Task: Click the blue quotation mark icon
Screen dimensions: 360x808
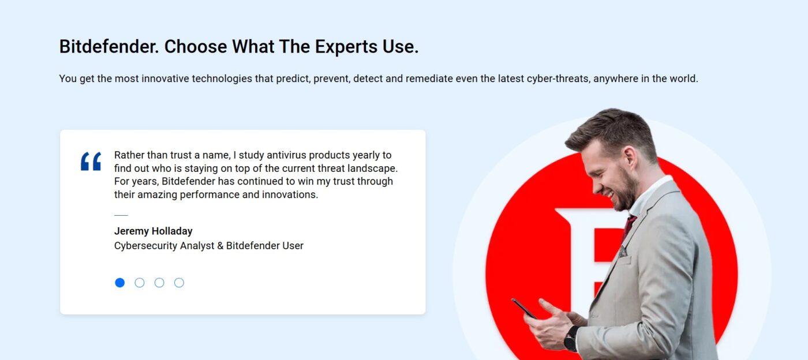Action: coord(91,162)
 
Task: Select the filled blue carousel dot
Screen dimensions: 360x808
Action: coord(119,283)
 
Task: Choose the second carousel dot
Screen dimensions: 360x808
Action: coord(140,283)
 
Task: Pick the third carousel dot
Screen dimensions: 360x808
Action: coord(159,283)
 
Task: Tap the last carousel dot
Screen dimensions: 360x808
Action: coord(179,283)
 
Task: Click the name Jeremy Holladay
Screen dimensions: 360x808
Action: coord(153,231)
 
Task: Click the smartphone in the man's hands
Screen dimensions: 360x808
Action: coord(523,308)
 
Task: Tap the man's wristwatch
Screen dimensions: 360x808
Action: coord(571,337)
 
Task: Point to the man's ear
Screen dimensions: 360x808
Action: coord(628,156)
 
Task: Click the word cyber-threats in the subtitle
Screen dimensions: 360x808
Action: coord(558,78)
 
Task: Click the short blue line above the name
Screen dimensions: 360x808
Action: coord(121,215)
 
